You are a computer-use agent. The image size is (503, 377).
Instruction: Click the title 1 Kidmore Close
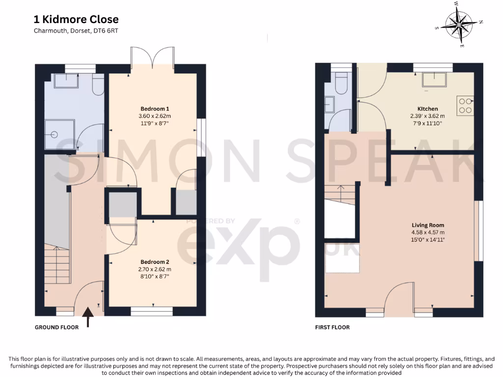pyautogui.click(x=76, y=20)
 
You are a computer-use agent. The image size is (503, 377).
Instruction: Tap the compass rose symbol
pyautogui.click(x=459, y=25)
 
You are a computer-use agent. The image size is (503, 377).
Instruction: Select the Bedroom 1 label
pyautogui.click(x=155, y=109)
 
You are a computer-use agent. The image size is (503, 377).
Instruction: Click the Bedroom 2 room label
pyautogui.click(x=155, y=262)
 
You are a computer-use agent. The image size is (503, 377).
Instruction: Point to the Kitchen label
pyautogui.click(x=428, y=109)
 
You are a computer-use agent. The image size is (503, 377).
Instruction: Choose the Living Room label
pyautogui.click(x=428, y=225)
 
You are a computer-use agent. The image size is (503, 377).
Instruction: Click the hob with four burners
pyautogui.click(x=465, y=106)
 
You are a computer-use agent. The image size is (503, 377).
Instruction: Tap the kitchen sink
pyautogui.click(x=434, y=80)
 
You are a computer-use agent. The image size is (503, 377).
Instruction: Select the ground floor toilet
pyautogui.click(x=98, y=84)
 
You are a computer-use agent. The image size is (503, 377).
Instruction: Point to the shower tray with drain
pyautogui.click(x=59, y=135)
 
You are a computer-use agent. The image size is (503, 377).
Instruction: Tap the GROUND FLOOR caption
pyautogui.click(x=57, y=327)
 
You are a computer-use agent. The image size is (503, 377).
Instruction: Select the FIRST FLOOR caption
pyautogui.click(x=333, y=327)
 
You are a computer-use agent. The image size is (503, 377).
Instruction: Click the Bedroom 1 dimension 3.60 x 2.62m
pyautogui.click(x=155, y=116)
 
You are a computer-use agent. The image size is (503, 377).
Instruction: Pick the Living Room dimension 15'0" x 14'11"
pyautogui.click(x=428, y=240)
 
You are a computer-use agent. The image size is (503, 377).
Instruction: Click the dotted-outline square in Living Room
pyautogui.click(x=342, y=258)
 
